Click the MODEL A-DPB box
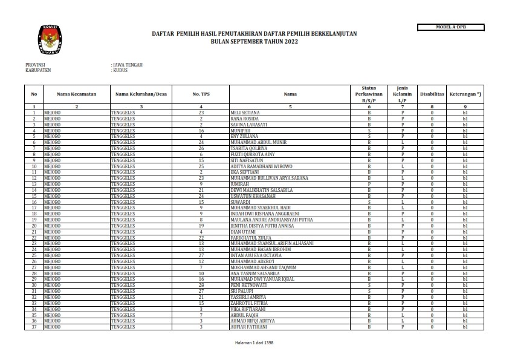[x=451, y=27]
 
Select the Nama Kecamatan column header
[x=77, y=94]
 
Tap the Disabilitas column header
[x=432, y=94]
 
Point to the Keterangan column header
[x=465, y=94]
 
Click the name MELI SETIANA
[x=245, y=113]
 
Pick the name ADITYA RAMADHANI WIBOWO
[x=261, y=166]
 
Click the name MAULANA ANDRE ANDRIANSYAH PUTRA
[x=271, y=219]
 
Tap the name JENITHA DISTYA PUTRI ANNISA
[x=262, y=225]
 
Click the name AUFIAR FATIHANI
[x=248, y=327]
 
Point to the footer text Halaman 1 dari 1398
[x=254, y=343]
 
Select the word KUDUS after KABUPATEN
[x=120, y=70]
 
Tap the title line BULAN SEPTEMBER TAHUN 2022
[x=254, y=42]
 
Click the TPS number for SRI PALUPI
[x=201, y=291]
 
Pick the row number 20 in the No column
[x=34, y=225]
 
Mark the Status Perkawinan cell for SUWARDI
[x=369, y=201]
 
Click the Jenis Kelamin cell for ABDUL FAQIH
[x=402, y=315]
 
